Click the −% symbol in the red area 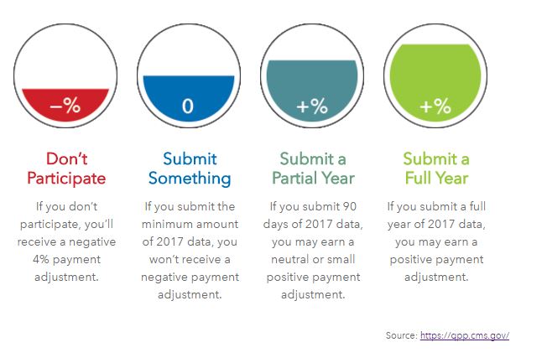coord(65,106)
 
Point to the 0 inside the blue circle coord(188,106)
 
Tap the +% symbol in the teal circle coord(312,106)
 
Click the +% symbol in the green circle coord(435,106)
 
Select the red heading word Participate coord(66,179)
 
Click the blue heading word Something coord(190,179)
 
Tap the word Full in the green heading coord(417,178)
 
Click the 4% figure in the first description coord(41,259)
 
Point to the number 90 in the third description coord(349,206)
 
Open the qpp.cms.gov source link coord(465,335)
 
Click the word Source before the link coord(402,335)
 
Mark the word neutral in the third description coord(289,259)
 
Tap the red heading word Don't coord(66,159)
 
